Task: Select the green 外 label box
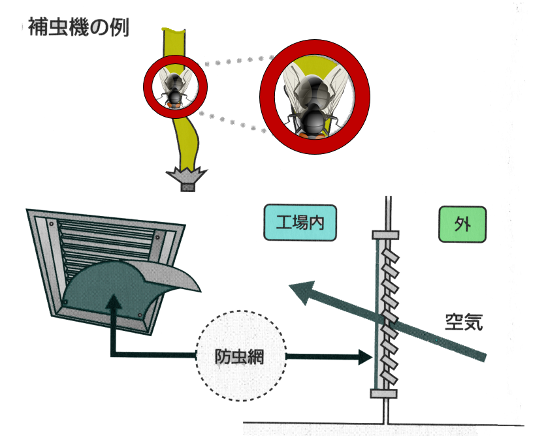[462, 225]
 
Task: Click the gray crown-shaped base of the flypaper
[187, 178]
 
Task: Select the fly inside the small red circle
[175, 89]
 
